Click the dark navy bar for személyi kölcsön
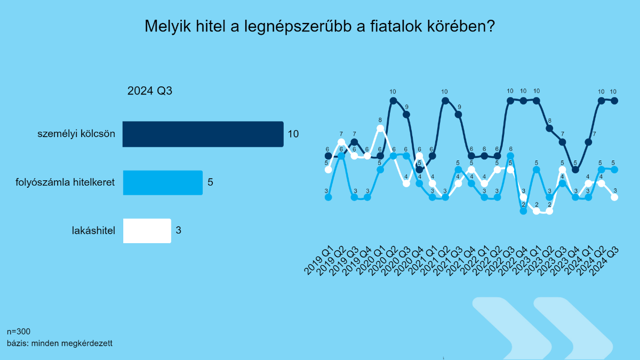(x=203, y=134)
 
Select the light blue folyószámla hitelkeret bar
(x=163, y=182)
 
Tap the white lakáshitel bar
(x=147, y=231)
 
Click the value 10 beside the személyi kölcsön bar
(x=293, y=134)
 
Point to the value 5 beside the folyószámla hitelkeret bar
(x=210, y=182)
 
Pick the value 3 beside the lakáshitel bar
(x=179, y=230)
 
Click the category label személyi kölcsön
(x=76, y=134)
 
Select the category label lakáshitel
(x=93, y=230)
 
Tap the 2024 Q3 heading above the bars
(x=150, y=91)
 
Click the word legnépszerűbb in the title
(x=298, y=27)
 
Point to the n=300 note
(x=19, y=331)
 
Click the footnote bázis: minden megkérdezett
(x=60, y=343)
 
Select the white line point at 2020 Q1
(x=380, y=129)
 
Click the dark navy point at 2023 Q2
(x=549, y=129)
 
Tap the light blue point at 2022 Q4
(x=523, y=211)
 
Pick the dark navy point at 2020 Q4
(x=419, y=170)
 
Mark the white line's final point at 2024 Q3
(x=614, y=197)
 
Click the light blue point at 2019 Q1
(x=329, y=197)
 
